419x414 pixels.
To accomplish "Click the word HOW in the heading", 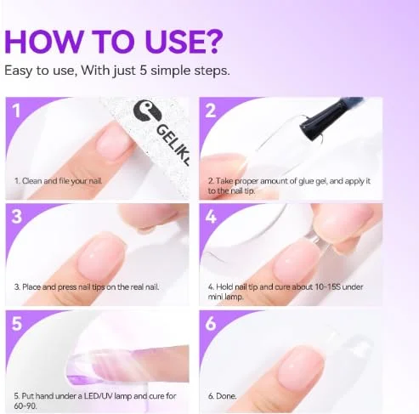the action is click(44, 41).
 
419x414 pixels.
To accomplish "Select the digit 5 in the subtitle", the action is click(144, 70).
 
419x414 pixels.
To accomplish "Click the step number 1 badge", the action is click(17, 111).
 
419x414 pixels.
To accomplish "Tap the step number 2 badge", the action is click(211, 111).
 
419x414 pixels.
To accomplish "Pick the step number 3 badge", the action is click(17, 217).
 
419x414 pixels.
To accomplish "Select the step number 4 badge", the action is click(211, 217).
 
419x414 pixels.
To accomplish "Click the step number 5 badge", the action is click(17, 323).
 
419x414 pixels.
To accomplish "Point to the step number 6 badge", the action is click(211, 323).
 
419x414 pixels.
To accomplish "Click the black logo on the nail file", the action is click(147, 113).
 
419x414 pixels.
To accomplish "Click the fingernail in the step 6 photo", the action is click(301, 367).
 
